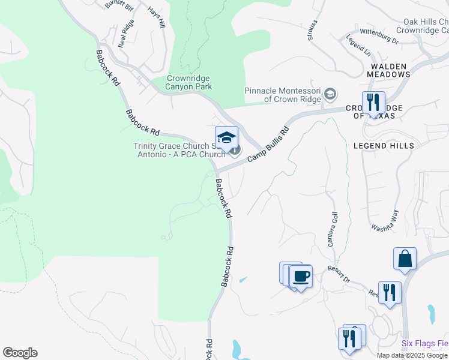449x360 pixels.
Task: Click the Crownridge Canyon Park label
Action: (189, 82)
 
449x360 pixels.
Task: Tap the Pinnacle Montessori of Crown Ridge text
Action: (283, 95)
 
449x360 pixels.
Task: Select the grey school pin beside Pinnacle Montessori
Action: (330, 94)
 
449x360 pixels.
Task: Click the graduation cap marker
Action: (226, 138)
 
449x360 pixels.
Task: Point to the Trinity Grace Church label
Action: (179, 150)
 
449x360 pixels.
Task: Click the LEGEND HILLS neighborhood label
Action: (384, 146)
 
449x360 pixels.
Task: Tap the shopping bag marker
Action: (405, 259)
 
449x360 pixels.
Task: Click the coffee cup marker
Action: (301, 277)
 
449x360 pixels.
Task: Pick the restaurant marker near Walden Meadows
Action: (373, 103)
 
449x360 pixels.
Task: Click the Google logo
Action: (20, 353)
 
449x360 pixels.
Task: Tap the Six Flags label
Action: (425, 344)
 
